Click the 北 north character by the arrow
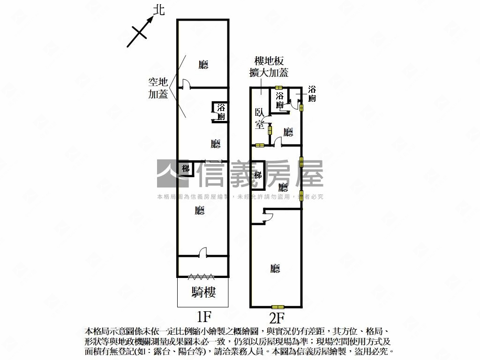(159, 10)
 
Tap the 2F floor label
(276, 317)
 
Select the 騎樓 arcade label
(203, 293)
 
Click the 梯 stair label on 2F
(258, 175)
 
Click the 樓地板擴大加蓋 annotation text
(269, 67)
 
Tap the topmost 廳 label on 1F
(203, 65)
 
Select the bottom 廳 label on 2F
(275, 269)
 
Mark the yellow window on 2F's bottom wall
(278, 307)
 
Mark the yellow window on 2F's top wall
(279, 88)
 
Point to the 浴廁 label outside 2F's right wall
(312, 94)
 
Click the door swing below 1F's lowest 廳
(203, 253)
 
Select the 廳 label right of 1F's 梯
(200, 210)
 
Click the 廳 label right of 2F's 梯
(283, 188)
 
